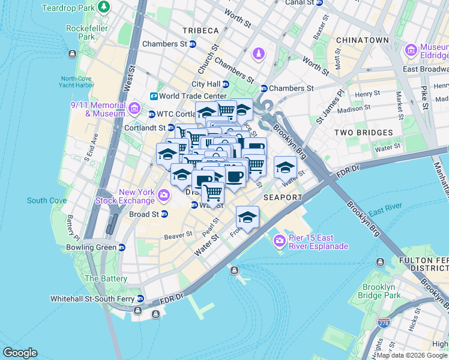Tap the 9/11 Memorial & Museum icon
pyautogui.click(x=134, y=109)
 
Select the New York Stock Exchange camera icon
pyautogui.click(x=163, y=195)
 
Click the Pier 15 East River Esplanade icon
pyautogui.click(x=279, y=241)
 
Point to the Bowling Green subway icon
pyautogui.click(x=122, y=247)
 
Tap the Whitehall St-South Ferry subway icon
pyautogui.click(x=140, y=298)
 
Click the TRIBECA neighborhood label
pyautogui.click(x=201, y=31)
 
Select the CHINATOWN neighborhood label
pyautogui.click(x=363, y=40)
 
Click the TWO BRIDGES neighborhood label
pyautogui.click(x=363, y=133)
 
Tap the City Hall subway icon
pyautogui.click(x=226, y=85)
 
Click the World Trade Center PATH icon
pyautogui.click(x=154, y=96)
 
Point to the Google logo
pyautogui.click(x=20, y=353)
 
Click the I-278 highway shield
pyautogui.click(x=382, y=323)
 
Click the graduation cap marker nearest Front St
pyautogui.click(x=247, y=217)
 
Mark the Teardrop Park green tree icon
pyautogui.click(x=104, y=7)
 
